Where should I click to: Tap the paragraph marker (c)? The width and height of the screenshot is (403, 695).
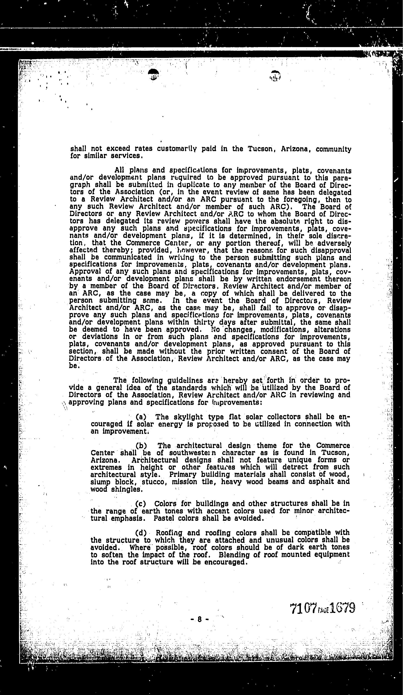point(141,504)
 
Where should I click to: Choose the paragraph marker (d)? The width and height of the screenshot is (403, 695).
point(141,532)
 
